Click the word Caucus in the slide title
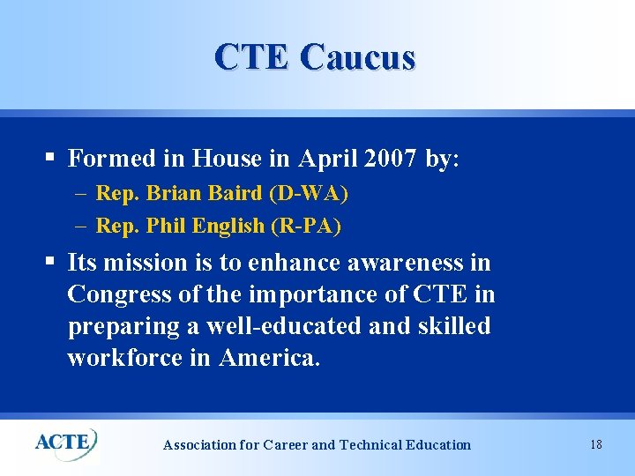(x=357, y=57)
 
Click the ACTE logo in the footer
(x=65, y=441)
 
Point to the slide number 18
(x=596, y=444)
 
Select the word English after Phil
(x=228, y=226)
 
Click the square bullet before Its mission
(x=52, y=262)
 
